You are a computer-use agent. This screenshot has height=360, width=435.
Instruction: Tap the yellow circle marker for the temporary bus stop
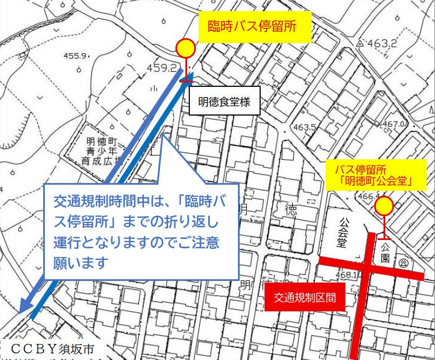tap(185, 49)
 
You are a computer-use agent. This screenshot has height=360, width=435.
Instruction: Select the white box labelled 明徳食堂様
tap(225, 102)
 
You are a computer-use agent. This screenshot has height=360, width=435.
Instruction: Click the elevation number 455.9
tap(76, 56)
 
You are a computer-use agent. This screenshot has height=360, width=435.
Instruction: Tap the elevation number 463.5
tap(304, 128)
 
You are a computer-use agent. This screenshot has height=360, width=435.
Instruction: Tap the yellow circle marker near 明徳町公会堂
tap(384, 207)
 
